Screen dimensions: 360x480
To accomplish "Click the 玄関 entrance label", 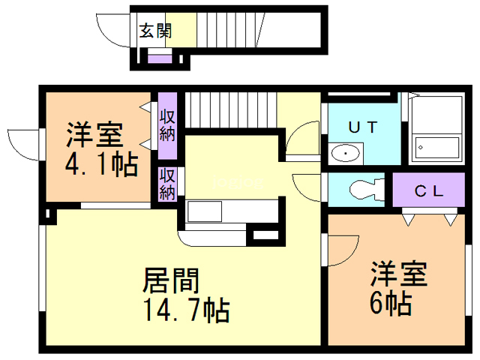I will [x=155, y=31].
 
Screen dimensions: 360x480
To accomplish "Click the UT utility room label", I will [x=361, y=127].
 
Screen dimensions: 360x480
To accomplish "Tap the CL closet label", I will [x=430, y=190].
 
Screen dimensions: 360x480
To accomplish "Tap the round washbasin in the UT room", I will [x=345, y=154].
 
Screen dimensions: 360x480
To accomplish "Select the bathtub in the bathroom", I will [x=438, y=148].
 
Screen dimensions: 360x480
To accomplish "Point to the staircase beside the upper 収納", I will [x=231, y=110].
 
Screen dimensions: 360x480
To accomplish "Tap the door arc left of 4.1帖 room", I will [x=24, y=144].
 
